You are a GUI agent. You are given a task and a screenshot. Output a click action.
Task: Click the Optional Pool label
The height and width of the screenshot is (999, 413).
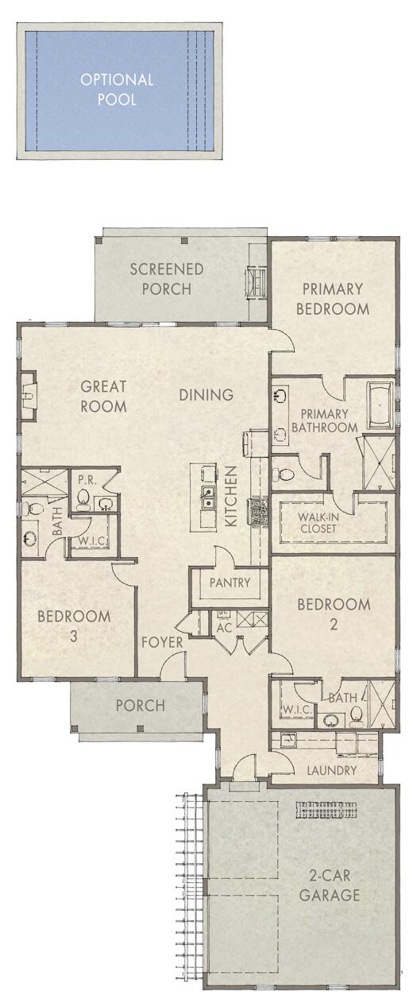click(116, 89)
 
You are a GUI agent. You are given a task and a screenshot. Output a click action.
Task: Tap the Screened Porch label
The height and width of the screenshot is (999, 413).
click(167, 279)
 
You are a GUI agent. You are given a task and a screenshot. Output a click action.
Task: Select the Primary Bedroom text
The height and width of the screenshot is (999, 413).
click(332, 299)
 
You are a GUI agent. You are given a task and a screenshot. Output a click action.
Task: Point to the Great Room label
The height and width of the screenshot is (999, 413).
click(103, 397)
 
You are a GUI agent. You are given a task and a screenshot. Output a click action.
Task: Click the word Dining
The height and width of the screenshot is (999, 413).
click(206, 394)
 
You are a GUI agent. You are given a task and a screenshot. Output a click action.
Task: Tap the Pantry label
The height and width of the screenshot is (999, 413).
click(230, 583)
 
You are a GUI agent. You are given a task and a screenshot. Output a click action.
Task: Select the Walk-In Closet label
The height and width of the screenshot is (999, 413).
click(318, 523)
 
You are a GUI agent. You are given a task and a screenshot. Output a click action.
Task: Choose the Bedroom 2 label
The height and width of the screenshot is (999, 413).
click(334, 614)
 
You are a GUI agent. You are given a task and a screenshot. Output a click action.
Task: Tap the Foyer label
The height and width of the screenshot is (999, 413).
click(163, 642)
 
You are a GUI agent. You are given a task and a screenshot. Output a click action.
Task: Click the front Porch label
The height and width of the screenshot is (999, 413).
click(140, 705)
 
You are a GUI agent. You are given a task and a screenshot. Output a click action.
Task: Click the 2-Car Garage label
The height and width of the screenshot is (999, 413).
click(334, 885)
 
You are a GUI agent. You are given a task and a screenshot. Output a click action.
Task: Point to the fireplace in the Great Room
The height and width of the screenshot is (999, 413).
click(27, 395)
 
